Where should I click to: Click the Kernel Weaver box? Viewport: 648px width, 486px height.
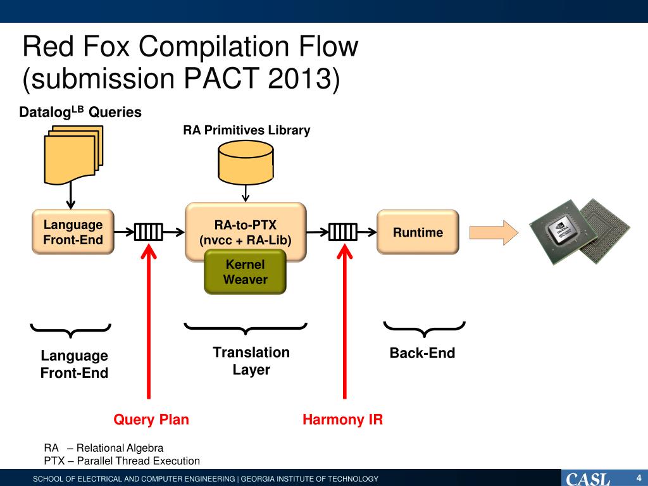point(245,272)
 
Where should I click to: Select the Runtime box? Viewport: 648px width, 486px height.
point(418,232)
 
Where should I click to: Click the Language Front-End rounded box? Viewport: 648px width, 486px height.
point(73,232)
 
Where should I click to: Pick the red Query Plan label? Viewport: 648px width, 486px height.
point(151,420)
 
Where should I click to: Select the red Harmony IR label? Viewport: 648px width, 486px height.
point(342,420)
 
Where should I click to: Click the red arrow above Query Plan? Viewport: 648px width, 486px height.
point(149,321)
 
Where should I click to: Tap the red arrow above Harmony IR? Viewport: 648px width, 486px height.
point(344,321)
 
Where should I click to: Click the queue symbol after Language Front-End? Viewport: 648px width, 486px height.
point(149,232)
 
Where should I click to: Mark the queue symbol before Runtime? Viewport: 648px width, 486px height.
point(342,232)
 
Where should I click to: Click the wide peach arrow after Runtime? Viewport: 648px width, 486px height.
point(494,232)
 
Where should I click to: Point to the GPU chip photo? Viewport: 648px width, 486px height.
point(580,232)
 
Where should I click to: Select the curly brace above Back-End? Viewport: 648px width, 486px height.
point(425,329)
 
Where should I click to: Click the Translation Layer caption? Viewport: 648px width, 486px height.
point(251,361)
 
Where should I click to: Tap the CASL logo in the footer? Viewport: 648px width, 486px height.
point(588,479)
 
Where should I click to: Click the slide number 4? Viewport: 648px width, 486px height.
point(639,478)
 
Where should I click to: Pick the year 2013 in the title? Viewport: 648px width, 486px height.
point(299,78)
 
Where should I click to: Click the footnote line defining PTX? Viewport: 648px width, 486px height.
point(122,461)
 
